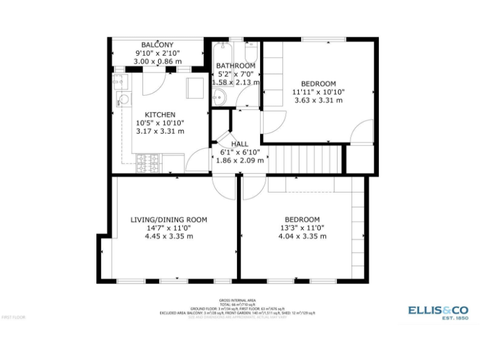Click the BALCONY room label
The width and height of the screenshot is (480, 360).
[157, 45]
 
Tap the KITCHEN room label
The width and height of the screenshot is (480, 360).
[160, 115]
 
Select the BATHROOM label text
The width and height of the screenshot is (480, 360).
[236, 66]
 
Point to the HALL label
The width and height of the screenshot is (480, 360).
[239, 144]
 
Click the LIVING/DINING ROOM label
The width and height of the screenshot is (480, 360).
[169, 220]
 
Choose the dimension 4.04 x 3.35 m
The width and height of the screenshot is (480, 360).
[302, 236]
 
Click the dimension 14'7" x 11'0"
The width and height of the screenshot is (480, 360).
[169, 228]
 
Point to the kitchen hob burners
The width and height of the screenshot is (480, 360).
[149, 163]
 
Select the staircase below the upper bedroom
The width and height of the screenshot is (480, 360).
[311, 159]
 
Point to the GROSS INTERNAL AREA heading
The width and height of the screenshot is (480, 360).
[237, 300]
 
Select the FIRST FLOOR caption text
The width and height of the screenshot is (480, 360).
[13, 317]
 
